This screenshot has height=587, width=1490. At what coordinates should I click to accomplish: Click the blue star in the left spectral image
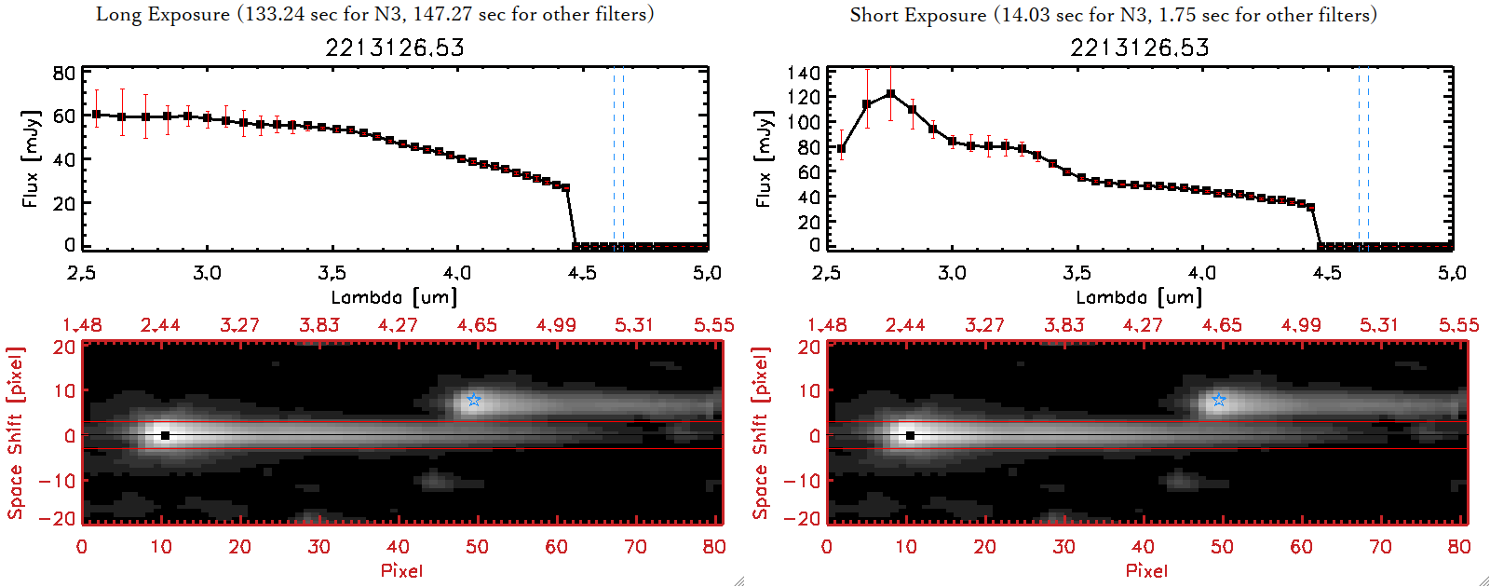[474, 400]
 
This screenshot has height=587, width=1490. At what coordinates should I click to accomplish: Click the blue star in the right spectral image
[1219, 400]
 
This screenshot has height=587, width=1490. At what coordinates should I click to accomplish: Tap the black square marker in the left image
[165, 435]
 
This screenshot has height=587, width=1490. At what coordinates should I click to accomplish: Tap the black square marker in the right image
[910, 435]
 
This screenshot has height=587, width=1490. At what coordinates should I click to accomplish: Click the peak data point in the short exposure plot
[891, 93]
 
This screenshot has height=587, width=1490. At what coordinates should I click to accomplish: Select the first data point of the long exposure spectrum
[96, 114]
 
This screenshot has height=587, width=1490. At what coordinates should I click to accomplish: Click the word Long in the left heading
[118, 14]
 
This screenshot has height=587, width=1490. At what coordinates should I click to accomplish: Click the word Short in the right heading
[872, 14]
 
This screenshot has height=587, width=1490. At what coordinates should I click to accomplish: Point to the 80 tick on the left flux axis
[63, 73]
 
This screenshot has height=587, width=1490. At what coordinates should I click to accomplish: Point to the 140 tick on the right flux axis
[803, 73]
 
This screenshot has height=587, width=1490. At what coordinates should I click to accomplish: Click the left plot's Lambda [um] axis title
[394, 297]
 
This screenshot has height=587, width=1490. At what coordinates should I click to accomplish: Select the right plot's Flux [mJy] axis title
[765, 158]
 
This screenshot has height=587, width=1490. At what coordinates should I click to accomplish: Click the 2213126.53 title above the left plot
[394, 48]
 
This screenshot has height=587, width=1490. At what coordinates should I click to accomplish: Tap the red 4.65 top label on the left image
[477, 325]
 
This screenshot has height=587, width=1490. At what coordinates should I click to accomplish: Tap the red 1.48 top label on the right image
[827, 325]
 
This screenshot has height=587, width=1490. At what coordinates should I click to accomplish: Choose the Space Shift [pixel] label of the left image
[15, 433]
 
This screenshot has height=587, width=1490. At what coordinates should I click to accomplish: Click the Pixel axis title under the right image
[1146, 570]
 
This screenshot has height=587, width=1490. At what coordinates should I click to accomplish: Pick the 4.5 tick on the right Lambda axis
[1327, 273]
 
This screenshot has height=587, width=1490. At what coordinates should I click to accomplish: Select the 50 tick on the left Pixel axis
[477, 547]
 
